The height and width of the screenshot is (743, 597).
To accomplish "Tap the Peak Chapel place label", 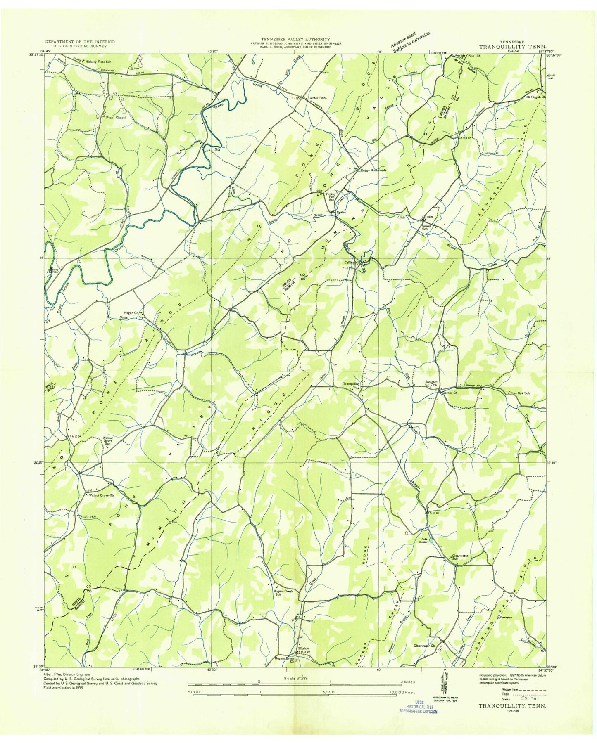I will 115,117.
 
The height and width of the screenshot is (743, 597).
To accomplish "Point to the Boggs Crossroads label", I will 373,170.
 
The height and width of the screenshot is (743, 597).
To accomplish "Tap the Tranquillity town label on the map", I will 352,383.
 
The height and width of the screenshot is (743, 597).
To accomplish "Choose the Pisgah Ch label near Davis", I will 130,313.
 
